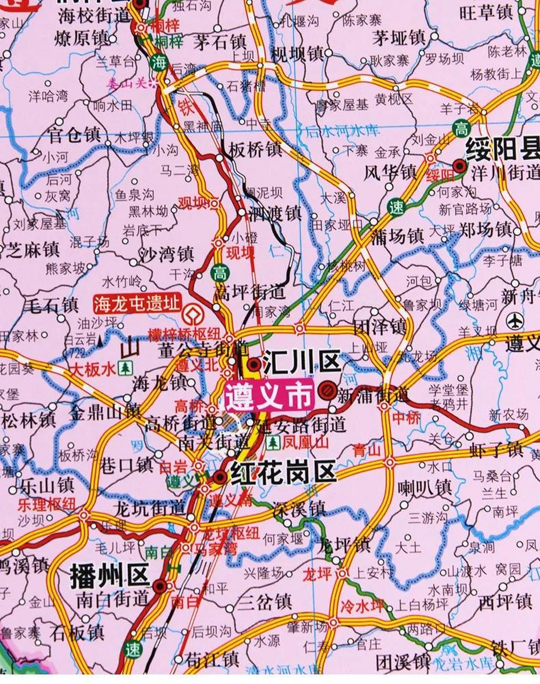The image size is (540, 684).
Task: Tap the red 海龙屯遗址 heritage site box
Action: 136,304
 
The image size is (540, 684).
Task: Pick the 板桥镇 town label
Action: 255,149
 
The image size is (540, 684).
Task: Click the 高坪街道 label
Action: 249,292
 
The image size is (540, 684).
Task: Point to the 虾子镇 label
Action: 497,449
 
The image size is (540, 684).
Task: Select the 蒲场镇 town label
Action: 397,236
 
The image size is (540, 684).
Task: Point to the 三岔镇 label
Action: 265,603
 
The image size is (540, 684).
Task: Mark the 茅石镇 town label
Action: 220,42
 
